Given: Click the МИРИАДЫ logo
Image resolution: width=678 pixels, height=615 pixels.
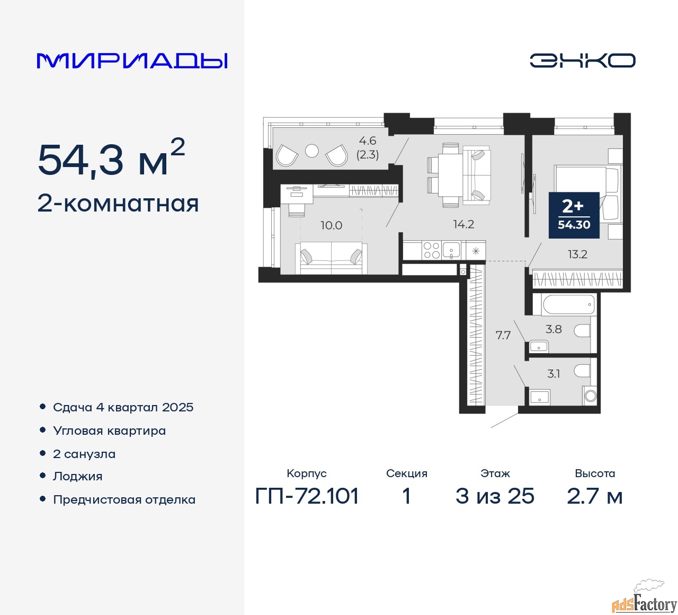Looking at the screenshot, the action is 132,61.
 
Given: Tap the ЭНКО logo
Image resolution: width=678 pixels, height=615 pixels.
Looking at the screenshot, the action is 582,60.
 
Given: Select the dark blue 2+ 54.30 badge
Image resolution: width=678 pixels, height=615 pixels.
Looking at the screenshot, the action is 574,215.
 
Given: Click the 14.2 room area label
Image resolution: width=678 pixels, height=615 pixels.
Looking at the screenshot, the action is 463,224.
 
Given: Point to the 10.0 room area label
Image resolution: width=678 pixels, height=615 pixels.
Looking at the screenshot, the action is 331,225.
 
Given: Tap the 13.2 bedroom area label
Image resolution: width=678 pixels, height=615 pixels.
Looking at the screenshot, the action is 577,254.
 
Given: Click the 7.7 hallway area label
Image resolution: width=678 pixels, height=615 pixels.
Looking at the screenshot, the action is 503,335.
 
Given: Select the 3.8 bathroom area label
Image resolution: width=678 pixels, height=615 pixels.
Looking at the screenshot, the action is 554,329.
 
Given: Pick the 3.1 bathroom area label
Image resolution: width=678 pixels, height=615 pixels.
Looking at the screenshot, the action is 554,374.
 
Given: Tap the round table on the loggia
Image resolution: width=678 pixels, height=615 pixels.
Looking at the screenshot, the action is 312,151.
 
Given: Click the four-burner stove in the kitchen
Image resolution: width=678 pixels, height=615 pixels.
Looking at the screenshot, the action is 432,250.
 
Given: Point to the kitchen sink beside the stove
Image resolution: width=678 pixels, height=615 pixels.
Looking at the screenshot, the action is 451,250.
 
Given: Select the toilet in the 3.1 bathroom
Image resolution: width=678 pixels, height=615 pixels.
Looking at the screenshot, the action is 582,371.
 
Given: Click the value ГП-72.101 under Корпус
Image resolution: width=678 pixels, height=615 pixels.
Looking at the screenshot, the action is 307,496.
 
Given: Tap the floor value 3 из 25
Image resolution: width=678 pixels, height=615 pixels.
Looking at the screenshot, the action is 495,496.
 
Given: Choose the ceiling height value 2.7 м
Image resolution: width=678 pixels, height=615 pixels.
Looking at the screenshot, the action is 594,496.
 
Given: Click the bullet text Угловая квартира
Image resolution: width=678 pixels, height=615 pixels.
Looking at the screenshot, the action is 110,431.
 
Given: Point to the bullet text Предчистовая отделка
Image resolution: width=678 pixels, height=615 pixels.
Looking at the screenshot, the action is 124,499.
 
